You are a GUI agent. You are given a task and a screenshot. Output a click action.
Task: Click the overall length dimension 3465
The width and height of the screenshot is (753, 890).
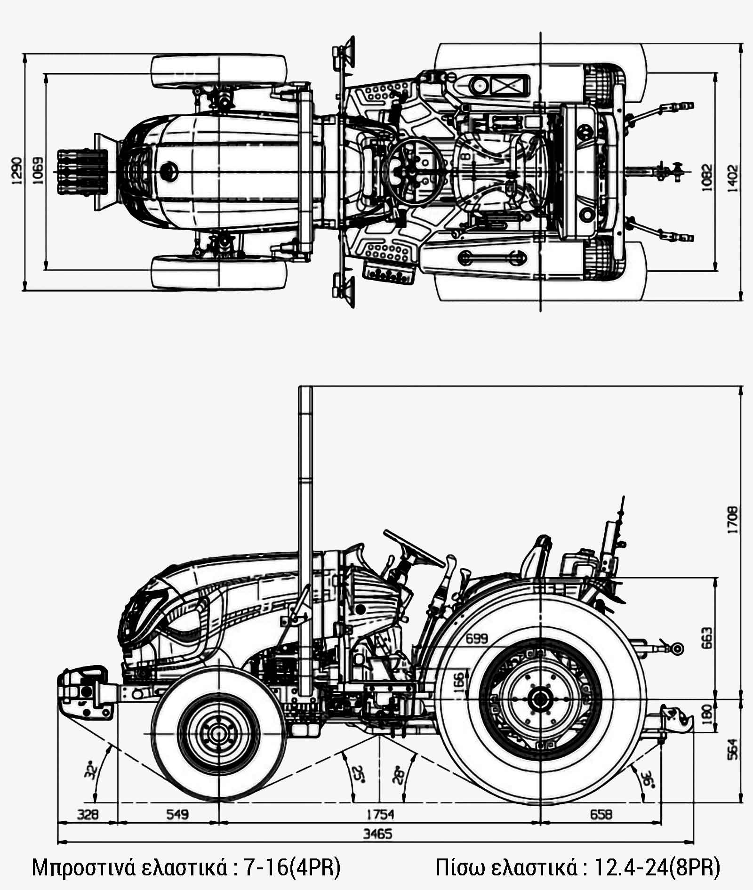377,834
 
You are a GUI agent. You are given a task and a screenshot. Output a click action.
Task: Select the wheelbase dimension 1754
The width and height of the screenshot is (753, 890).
380,814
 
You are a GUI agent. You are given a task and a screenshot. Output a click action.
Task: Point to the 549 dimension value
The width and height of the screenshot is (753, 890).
177,814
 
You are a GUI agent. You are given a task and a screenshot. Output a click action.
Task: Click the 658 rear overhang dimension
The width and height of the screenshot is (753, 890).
601,814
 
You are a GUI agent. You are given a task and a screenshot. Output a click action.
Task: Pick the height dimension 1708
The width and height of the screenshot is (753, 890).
733,520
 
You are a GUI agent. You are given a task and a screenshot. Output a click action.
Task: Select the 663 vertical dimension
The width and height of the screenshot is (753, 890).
706,638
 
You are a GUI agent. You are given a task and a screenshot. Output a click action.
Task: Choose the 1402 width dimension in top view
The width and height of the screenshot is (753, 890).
733,177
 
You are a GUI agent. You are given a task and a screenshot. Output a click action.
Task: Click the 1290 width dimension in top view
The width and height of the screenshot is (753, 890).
16,171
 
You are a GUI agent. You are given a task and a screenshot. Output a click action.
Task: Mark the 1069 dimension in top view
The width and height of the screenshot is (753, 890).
38,171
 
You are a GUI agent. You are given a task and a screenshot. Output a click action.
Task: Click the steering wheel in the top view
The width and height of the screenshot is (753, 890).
412,172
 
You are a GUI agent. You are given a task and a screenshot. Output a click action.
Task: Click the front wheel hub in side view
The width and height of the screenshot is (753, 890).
219,733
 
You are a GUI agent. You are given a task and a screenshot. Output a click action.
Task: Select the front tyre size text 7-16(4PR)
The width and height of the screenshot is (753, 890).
292,867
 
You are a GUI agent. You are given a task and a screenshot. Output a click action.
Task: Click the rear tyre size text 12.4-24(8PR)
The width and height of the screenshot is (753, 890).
657,867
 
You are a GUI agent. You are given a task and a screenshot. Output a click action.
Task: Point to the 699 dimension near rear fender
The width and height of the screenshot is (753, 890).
476,639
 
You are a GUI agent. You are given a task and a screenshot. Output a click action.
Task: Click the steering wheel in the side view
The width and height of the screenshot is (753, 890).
414,549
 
